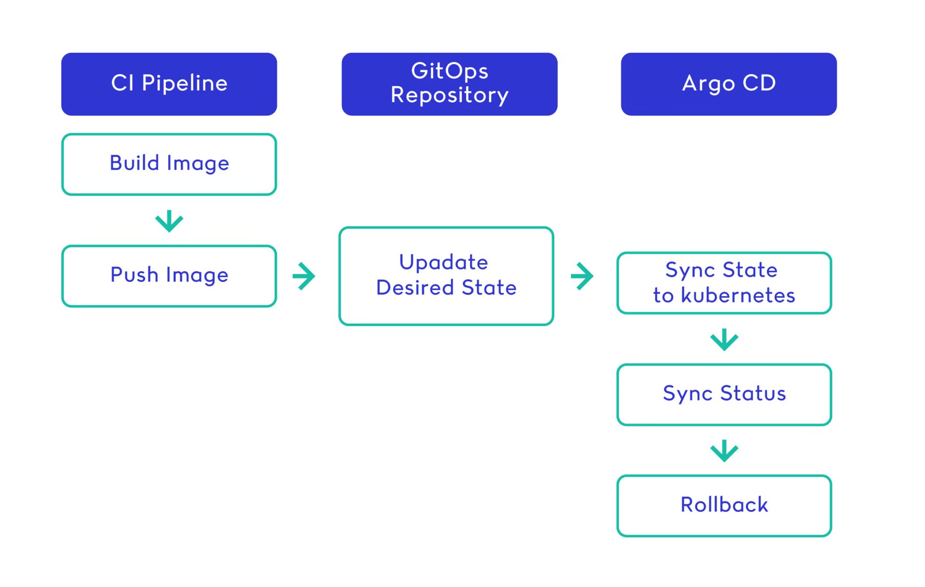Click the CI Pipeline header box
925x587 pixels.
(169, 84)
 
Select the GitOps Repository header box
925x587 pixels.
(449, 84)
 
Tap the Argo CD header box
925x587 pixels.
(729, 84)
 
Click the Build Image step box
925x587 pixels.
(169, 164)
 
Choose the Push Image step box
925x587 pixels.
(169, 276)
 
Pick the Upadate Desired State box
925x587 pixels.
(446, 276)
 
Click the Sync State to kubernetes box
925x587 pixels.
(724, 283)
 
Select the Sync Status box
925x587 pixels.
(724, 394)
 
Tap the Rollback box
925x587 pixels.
(724, 506)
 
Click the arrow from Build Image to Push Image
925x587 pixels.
(169, 221)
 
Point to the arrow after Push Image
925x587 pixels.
(304, 276)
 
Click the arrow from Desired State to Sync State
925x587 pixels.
(582, 276)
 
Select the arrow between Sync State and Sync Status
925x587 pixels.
(724, 339)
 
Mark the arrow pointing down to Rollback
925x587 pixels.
(724, 451)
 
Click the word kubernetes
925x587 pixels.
(738, 296)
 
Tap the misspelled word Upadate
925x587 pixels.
(444, 263)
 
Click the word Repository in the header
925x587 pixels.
(449, 95)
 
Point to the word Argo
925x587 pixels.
(709, 84)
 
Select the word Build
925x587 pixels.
(135, 163)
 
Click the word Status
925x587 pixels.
(753, 393)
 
